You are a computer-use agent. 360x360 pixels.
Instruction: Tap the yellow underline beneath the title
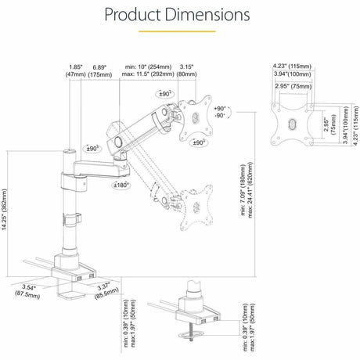pos(179,32)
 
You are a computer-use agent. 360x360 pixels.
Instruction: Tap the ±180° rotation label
pos(120,185)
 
